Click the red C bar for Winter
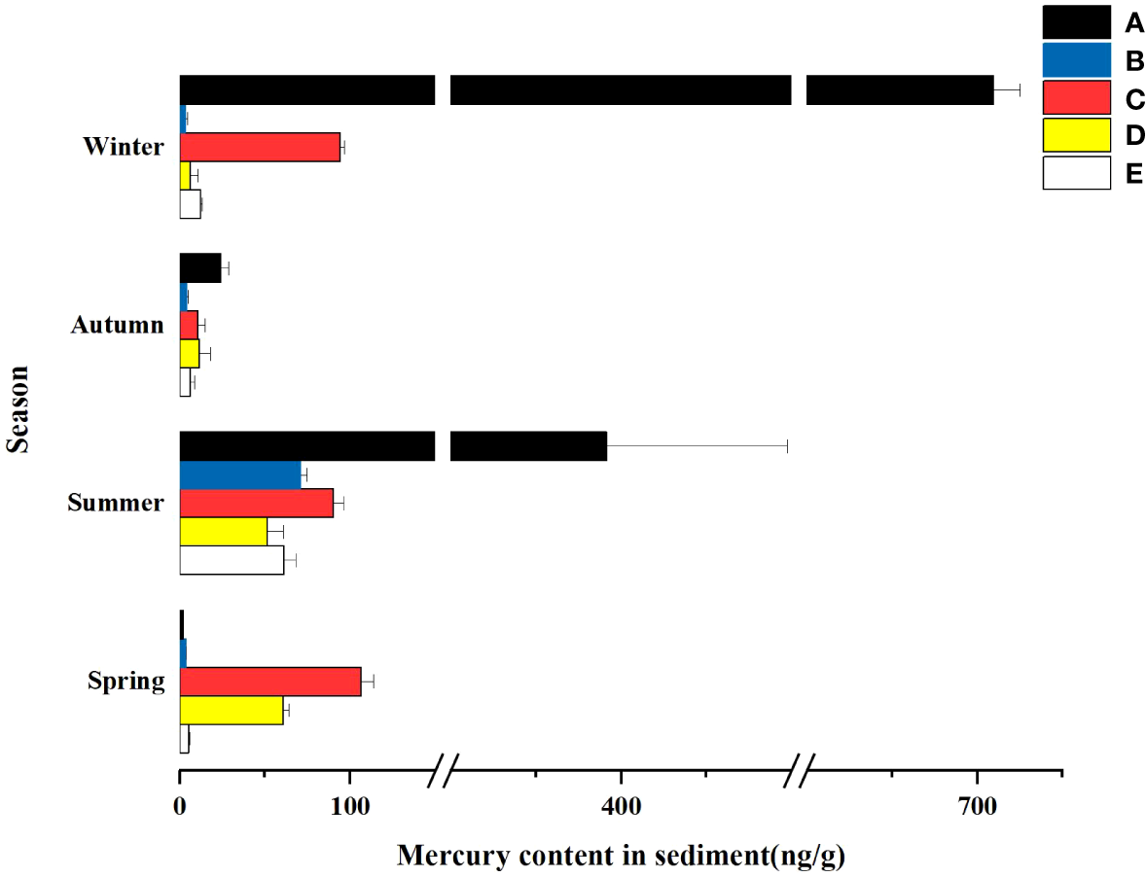260,147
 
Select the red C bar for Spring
269,681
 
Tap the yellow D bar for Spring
231,710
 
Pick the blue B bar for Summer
240,474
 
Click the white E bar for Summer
232,560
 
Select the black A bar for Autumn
200,267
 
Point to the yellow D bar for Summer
223,532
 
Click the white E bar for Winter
190,203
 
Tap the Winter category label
124,147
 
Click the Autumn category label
117,325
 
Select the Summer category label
116,503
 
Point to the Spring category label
125,681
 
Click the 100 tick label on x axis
349,805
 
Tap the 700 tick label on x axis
976,805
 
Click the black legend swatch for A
1076,22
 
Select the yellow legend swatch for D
1076,135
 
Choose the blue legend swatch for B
1076,60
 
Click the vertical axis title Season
17,408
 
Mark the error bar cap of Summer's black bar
786,446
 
